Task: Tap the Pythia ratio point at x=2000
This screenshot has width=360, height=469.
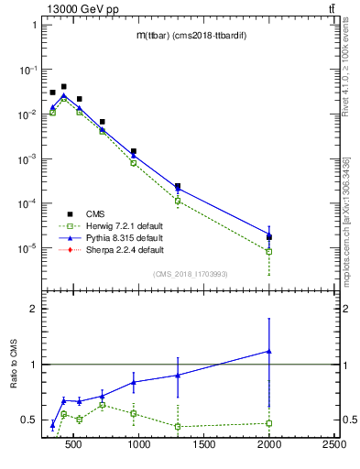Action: pyautogui.click(x=269, y=351)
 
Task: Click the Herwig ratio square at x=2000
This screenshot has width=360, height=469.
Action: pyautogui.click(x=269, y=423)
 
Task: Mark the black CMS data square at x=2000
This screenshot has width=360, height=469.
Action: pyautogui.click(x=269, y=237)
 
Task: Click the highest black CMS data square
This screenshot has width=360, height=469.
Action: pyautogui.click(x=63, y=87)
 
